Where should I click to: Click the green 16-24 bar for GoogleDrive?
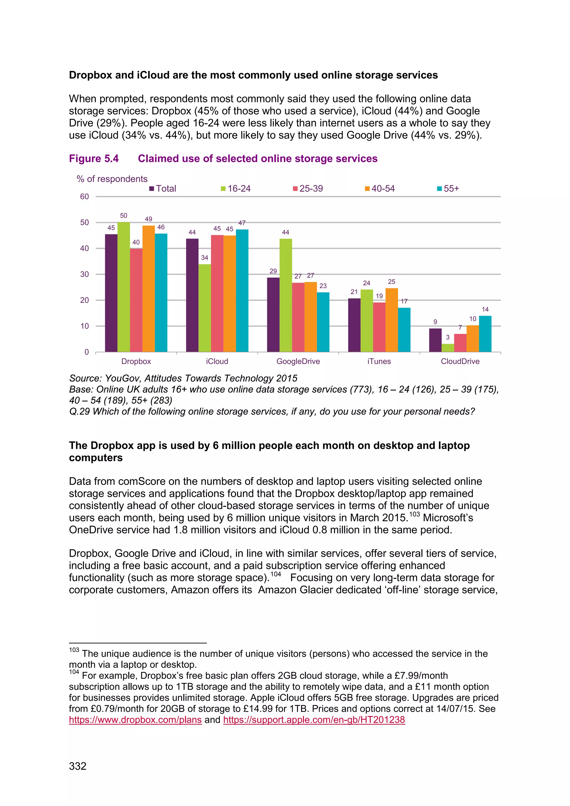tap(286, 295)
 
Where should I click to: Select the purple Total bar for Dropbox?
tap(111, 293)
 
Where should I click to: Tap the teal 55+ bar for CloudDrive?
tap(485, 334)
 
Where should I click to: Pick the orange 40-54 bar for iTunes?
tap(392, 320)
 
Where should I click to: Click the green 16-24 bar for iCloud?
tap(205, 308)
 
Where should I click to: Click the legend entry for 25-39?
tap(308, 188)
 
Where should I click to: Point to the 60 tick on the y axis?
tap(85, 196)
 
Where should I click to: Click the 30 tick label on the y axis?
tap(85, 274)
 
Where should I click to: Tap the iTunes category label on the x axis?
tap(379, 361)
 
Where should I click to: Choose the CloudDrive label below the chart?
tap(460, 361)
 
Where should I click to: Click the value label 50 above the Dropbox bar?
tap(124, 215)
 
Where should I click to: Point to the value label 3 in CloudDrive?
tap(448, 337)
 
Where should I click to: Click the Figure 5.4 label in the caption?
tap(94, 159)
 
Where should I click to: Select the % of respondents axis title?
tap(112, 179)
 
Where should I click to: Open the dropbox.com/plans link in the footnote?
tap(135, 720)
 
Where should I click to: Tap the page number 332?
tap(78, 766)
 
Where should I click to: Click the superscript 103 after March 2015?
tap(414, 514)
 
